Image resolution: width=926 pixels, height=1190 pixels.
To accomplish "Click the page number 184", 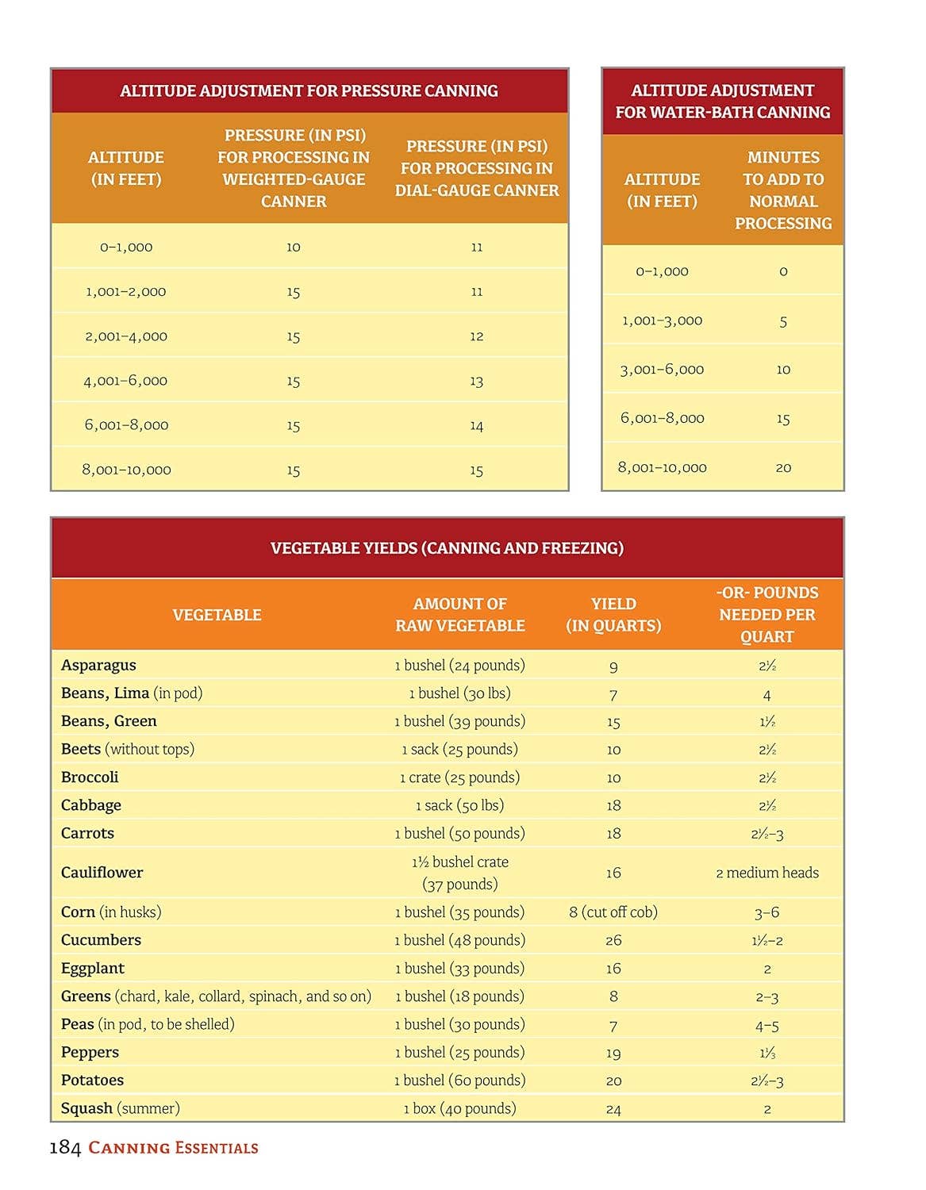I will click(x=65, y=1147).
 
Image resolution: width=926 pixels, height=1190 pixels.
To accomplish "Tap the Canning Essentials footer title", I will click(x=173, y=1147).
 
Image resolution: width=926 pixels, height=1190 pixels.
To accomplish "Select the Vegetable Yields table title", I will click(x=447, y=548).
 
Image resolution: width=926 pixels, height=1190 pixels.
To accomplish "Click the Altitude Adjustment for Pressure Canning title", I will click(x=309, y=90).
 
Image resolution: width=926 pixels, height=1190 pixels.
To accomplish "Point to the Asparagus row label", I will click(x=98, y=665).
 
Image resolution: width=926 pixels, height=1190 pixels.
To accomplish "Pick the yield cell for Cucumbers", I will click(x=613, y=940).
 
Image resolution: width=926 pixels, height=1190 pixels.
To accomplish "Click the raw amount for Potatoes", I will click(x=459, y=1080).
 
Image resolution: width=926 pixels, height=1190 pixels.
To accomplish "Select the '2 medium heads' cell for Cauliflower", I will click(x=767, y=873).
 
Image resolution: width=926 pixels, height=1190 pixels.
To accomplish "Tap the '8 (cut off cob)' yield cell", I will click(x=613, y=912).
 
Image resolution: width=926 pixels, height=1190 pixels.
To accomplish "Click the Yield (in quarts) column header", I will click(x=613, y=615).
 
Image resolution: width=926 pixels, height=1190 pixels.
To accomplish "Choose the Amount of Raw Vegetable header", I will click(x=460, y=615).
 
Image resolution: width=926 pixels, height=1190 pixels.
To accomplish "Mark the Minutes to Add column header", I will click(x=783, y=190).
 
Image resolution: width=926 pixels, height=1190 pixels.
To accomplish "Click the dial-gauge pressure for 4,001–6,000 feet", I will click(x=476, y=381).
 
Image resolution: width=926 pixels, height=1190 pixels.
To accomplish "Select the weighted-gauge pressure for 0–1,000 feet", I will click(x=294, y=247).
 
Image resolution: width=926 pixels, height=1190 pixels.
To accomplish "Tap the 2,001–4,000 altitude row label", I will click(x=126, y=336).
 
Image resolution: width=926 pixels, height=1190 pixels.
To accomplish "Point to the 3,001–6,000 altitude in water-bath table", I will click(x=662, y=370).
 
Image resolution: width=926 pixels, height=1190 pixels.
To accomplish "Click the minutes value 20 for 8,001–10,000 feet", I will click(x=783, y=468).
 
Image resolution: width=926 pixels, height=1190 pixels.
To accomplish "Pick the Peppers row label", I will click(x=90, y=1052).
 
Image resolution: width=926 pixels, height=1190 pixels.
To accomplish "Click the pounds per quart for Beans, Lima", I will click(x=767, y=695).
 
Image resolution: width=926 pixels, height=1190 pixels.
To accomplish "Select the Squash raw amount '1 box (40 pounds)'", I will click(x=459, y=1108).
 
